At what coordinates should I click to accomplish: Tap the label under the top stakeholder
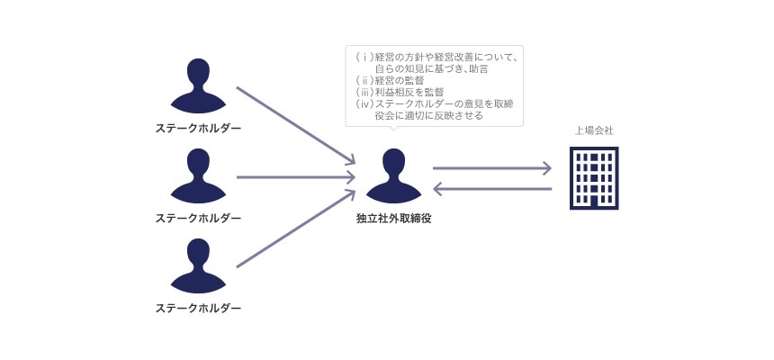point(198,128)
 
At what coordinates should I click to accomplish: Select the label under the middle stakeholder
point(198,218)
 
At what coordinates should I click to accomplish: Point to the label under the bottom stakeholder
point(198,308)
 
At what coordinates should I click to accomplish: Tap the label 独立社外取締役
point(393,218)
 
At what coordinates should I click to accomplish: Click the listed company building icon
point(594,177)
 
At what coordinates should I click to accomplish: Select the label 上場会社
point(594,131)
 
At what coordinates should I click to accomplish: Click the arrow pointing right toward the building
point(491,167)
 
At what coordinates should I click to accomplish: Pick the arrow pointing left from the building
point(491,189)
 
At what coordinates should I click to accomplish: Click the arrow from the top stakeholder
point(295,125)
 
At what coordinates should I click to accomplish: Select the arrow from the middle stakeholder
point(295,177)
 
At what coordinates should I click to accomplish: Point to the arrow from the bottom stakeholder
point(295,229)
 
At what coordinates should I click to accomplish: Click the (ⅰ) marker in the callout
point(364,58)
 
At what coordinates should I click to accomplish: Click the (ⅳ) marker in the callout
point(364,104)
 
